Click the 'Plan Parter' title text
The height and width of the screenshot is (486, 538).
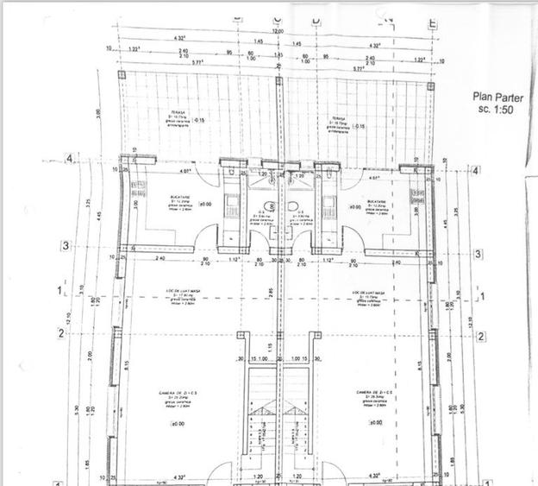(497, 98)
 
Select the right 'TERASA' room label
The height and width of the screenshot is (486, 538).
(338, 120)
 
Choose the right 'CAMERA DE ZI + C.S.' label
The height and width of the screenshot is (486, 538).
(375, 392)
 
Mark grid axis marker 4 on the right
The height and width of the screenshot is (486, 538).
(477, 171)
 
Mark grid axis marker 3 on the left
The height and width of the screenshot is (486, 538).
(66, 246)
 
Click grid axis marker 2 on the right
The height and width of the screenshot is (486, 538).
(481, 337)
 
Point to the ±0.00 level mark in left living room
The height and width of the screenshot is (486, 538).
(177, 424)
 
